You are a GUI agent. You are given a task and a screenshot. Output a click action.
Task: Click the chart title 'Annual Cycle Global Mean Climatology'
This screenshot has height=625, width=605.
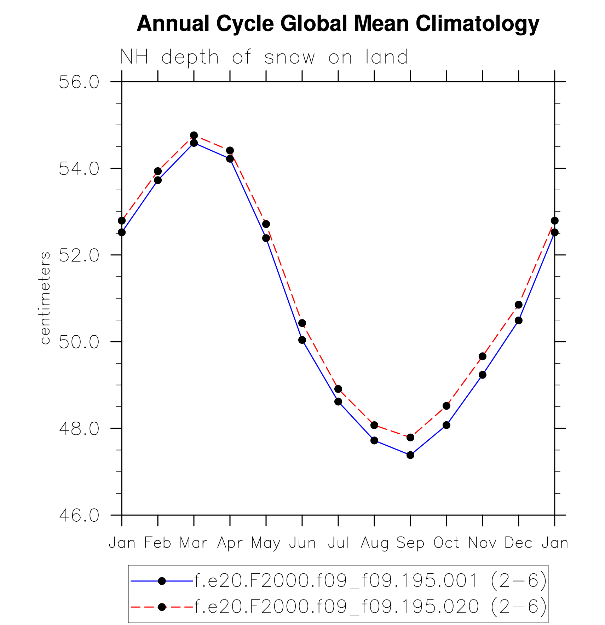click(338, 24)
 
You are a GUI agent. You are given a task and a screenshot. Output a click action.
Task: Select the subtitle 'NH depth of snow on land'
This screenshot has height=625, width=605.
click(264, 57)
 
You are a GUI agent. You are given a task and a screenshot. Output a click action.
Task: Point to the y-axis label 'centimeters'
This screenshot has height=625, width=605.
click(45, 298)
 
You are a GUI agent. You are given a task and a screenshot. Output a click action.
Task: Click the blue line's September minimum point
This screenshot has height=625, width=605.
click(410, 455)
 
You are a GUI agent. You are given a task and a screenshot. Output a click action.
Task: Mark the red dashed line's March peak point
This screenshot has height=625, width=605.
click(194, 135)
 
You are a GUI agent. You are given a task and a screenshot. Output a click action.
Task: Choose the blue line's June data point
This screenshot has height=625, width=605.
click(302, 340)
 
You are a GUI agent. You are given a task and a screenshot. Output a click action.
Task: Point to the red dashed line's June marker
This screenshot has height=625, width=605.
click(302, 323)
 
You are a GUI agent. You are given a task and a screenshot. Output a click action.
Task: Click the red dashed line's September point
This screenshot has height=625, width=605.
click(410, 438)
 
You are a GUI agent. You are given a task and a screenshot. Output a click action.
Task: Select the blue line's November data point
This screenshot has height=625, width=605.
click(483, 375)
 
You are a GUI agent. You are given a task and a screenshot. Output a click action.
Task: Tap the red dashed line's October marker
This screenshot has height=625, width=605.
click(446, 406)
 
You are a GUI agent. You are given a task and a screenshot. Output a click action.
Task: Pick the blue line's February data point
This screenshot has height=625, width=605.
click(158, 180)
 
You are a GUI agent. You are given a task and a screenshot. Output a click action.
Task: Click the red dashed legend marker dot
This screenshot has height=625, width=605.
click(162, 607)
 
